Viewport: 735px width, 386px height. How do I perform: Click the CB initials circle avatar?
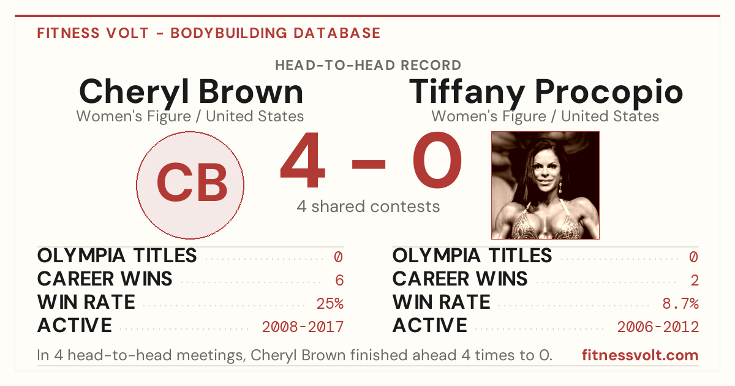[x=190, y=185]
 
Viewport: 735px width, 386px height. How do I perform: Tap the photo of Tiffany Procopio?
[x=545, y=185]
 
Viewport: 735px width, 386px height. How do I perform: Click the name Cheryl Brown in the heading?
[x=191, y=93]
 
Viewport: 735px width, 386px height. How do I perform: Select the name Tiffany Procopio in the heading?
[x=546, y=93]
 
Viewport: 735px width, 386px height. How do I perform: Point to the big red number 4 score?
[x=303, y=159]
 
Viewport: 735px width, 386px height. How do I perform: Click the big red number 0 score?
[x=437, y=159]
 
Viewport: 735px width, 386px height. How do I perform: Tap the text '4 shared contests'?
[x=368, y=206]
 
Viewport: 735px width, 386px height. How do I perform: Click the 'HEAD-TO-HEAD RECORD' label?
[x=368, y=65]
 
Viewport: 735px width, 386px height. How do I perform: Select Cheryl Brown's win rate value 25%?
[x=330, y=303]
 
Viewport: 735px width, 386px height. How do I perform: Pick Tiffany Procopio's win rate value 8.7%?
[x=680, y=303]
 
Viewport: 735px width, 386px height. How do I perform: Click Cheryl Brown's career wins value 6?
[x=339, y=280]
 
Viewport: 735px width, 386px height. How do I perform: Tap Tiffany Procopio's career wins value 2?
[x=695, y=280]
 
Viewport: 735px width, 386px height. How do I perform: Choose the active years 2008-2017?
[x=303, y=327]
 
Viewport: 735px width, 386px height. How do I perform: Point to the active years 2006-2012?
[x=658, y=327]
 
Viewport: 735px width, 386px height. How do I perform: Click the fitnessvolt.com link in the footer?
[x=640, y=355]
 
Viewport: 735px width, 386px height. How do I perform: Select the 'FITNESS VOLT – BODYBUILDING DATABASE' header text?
[x=209, y=33]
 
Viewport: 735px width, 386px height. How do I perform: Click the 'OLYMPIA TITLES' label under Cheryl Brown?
[x=117, y=255]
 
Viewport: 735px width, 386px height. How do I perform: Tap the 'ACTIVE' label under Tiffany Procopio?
[x=430, y=325]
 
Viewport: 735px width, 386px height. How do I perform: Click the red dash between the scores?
[x=369, y=164]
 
